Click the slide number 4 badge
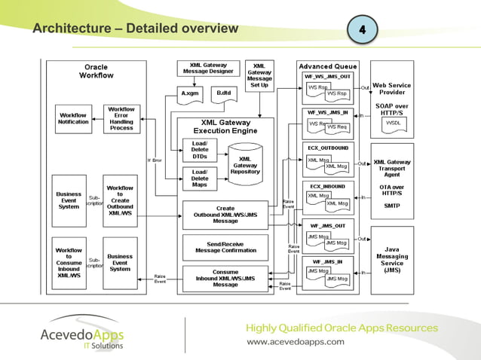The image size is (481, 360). [x=362, y=29]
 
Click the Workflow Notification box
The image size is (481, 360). [x=73, y=119]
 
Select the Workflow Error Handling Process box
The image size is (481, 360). [x=121, y=118]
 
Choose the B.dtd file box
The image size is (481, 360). [x=224, y=93]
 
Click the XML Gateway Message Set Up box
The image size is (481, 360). [x=259, y=75]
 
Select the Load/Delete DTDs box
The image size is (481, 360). [x=200, y=149]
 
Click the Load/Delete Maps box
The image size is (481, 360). [x=200, y=179]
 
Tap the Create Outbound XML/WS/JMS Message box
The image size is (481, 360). [x=225, y=215]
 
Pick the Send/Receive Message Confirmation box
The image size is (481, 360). [x=225, y=247]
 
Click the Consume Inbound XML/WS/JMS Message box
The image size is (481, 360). [x=225, y=278]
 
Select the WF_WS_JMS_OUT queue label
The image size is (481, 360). [x=327, y=77]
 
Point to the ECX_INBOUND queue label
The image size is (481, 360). [x=327, y=185]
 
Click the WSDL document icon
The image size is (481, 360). [x=393, y=122]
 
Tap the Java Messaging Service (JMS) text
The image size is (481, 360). [x=392, y=258]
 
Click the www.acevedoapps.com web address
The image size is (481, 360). [x=296, y=341]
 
